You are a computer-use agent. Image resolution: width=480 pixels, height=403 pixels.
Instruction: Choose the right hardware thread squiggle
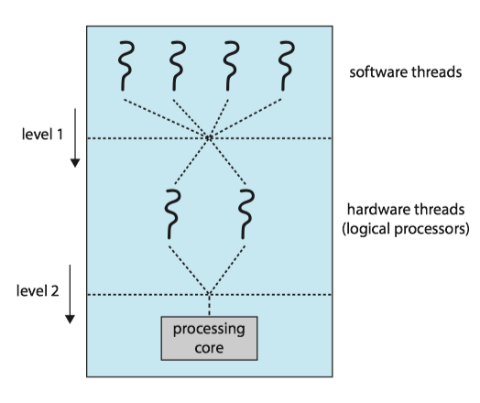coord(245,213)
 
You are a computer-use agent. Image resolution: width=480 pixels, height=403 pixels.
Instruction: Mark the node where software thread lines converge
coord(209,138)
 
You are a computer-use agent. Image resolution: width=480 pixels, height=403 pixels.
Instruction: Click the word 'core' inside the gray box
coord(210,348)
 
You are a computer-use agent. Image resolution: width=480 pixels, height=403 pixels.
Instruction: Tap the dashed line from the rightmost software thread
coord(250,114)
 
